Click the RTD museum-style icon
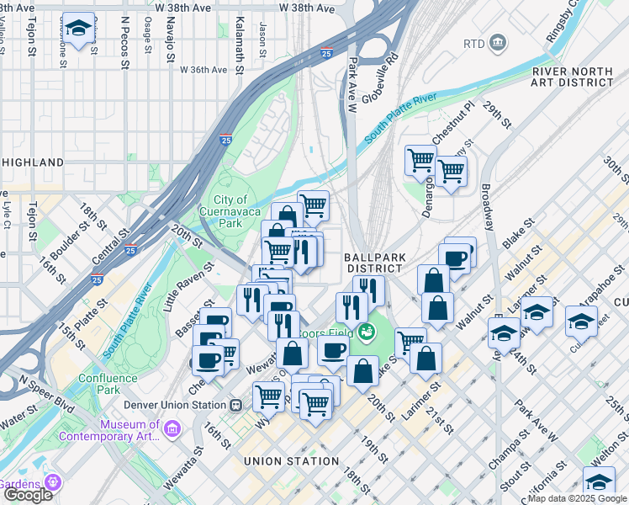tap(497, 42)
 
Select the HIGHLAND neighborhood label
tap(32, 162)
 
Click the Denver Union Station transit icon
tap(236, 404)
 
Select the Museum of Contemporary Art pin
tap(172, 430)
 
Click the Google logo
tap(27, 495)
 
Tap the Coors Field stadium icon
tap(365, 332)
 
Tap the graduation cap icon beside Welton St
tap(599, 481)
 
